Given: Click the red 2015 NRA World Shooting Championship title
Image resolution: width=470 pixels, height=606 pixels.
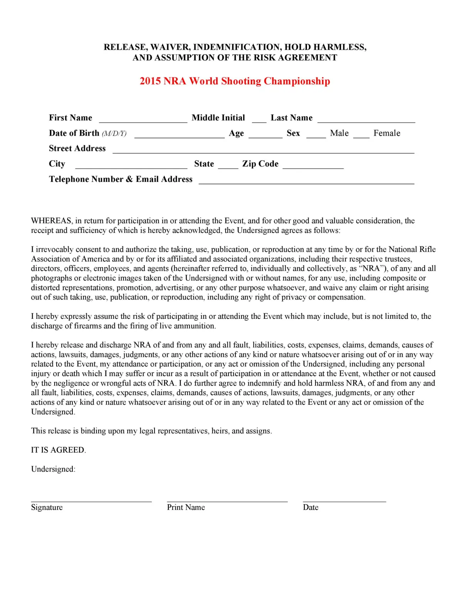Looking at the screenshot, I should [235, 81].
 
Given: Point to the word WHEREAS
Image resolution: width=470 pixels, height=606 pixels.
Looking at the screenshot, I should [51, 221].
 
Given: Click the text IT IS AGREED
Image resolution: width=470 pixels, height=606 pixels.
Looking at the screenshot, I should [58, 450].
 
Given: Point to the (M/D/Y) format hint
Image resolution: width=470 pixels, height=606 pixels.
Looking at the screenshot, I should [114, 133].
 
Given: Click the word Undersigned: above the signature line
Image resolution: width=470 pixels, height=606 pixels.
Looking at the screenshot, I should [53, 469].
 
